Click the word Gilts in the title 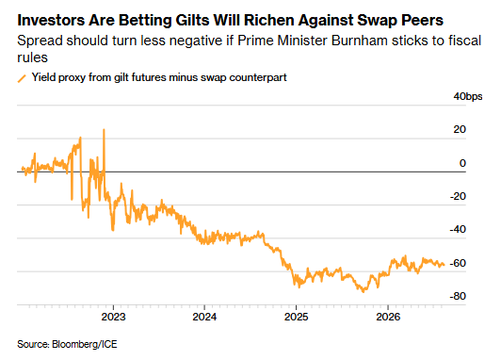pos(193,20)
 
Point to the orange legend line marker pos(22,78)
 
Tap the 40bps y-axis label pos(468,96)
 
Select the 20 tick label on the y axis pos(460,129)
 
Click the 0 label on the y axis pos(462,163)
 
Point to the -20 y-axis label pos(458,196)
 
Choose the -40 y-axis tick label pos(458,230)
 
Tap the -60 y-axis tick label pos(458,263)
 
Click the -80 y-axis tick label pos(458,296)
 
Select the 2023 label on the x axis pos(113,317)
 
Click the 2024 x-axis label pos(204,317)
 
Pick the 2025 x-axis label pos(297,317)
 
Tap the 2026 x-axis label pos(388,317)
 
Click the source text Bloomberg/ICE pos(85,344)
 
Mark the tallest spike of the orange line pos(104,130)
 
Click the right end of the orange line pos(444,265)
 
